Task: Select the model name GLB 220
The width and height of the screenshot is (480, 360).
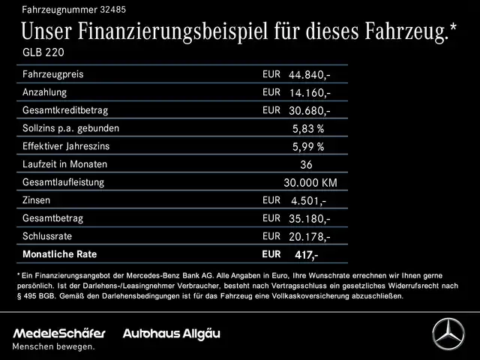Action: [43, 54]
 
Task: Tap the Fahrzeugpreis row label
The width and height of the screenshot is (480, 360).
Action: [52, 75]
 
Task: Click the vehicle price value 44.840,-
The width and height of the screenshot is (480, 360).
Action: [310, 76]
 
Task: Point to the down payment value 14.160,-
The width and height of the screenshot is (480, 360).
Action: [310, 93]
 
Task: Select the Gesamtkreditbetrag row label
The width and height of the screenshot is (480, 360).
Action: [65, 110]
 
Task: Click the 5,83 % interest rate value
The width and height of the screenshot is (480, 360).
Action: [308, 128]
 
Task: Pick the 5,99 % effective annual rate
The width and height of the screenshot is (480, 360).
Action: [308, 146]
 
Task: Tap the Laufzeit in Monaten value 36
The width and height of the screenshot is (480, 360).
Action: [305, 164]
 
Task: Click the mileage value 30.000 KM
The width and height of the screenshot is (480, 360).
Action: [310, 182]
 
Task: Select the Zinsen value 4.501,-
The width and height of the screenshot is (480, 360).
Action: [308, 200]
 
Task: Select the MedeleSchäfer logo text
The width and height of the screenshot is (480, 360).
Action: [58, 333]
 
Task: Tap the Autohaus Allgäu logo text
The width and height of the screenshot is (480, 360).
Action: [172, 333]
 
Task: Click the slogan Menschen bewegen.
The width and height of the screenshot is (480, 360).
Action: [53, 346]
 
